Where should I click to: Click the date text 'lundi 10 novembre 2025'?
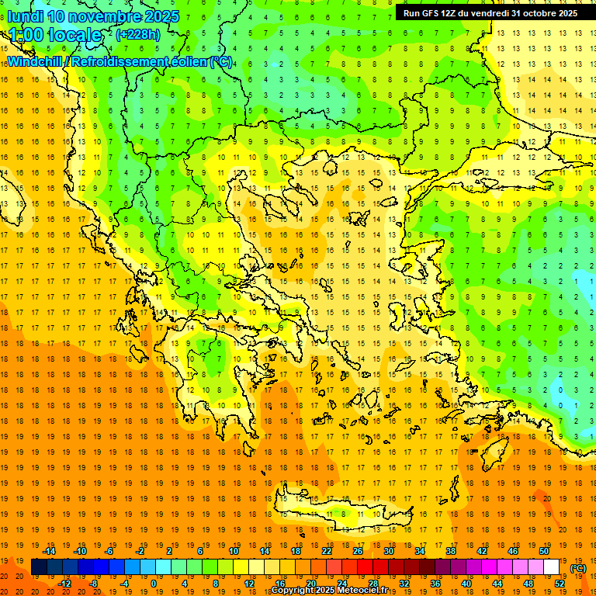(93, 16)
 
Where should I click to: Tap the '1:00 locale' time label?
(55, 35)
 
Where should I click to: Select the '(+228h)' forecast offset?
(137, 34)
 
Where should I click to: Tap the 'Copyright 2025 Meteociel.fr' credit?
(329, 591)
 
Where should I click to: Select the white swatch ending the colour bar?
(552, 567)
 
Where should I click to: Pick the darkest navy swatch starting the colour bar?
(39, 567)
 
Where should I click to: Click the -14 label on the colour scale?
(50, 551)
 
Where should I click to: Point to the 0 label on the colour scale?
(154, 584)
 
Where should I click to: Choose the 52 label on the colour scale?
(560, 584)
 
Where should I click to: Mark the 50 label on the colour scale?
(544, 551)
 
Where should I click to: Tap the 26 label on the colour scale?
(358, 551)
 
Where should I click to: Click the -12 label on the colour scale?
(64, 584)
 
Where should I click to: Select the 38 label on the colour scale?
(451, 551)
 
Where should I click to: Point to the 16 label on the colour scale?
(280, 584)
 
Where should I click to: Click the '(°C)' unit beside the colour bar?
(578, 568)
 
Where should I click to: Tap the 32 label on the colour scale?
(404, 584)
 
